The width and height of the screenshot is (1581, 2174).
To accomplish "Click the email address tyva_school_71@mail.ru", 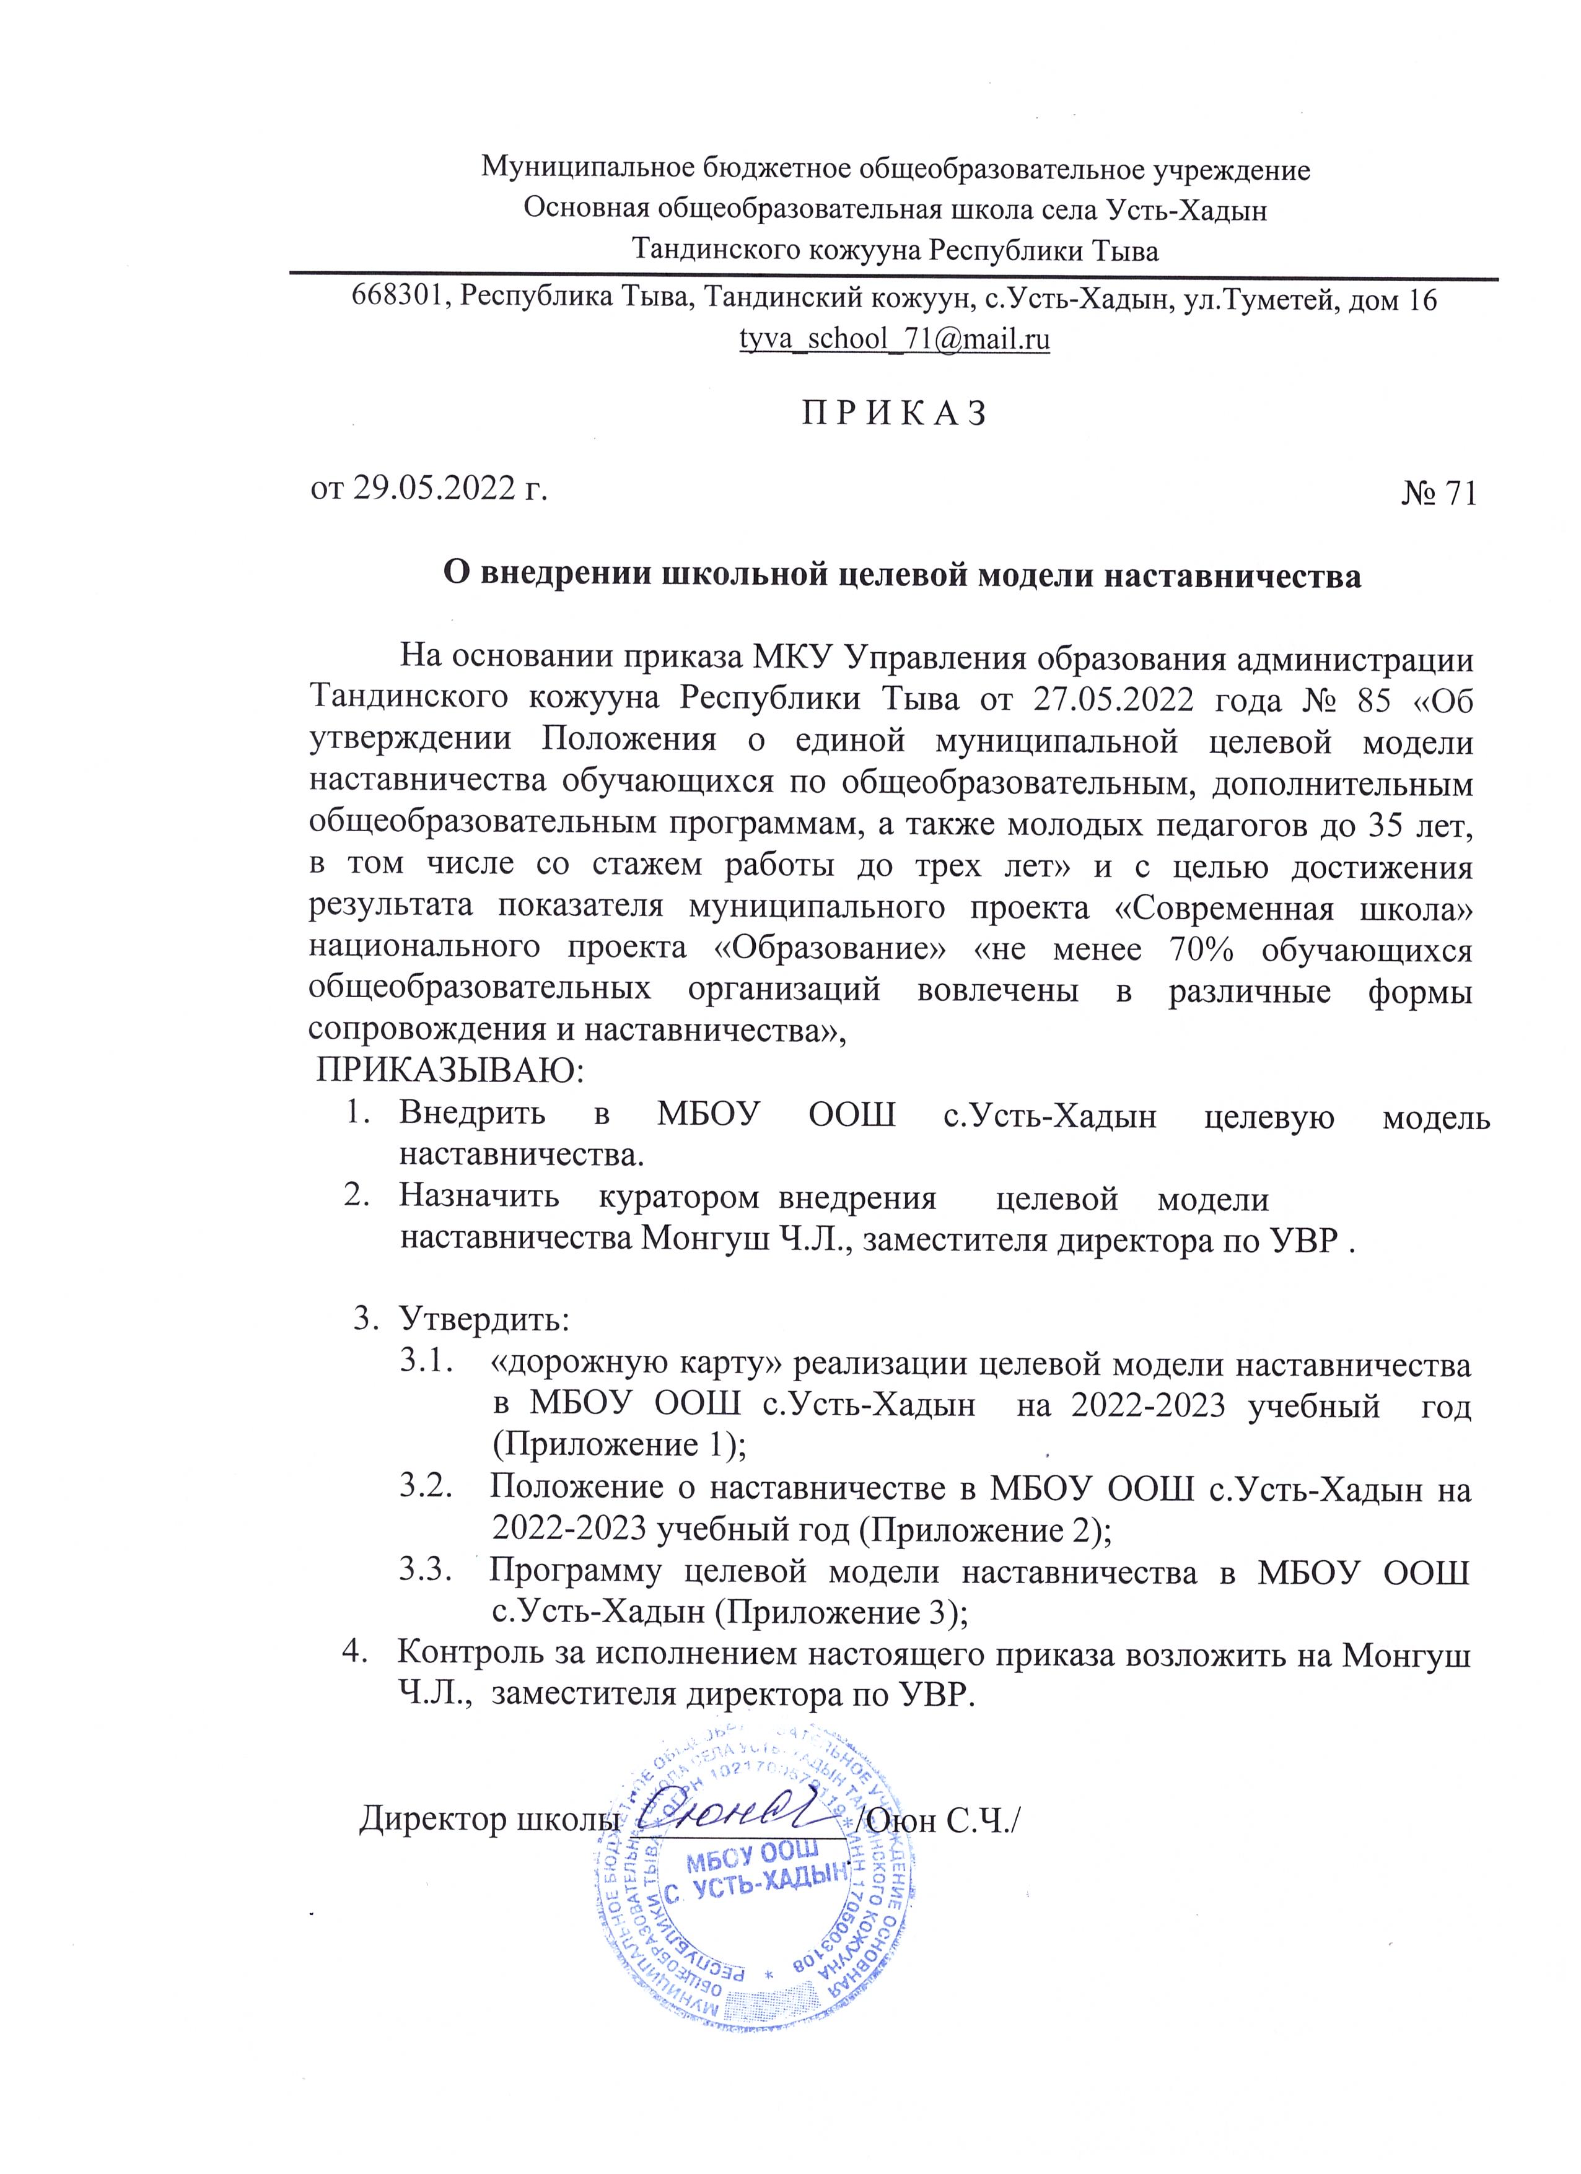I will [893, 339].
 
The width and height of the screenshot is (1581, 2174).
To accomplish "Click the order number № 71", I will [1438, 492].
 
